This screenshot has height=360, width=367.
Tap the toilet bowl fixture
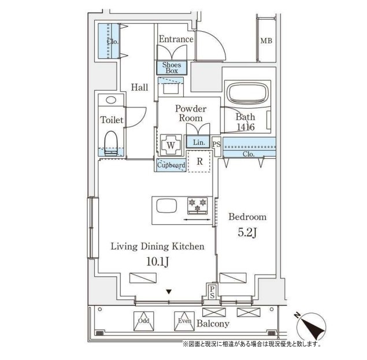tap(111, 143)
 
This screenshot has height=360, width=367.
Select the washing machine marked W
tap(171, 145)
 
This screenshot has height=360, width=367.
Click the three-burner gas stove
tap(198, 206)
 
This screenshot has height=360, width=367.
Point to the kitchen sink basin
tap(166, 206)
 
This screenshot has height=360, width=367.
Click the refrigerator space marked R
tap(199, 161)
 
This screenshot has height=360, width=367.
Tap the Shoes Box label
tap(172, 68)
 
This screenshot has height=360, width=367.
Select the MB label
tap(266, 40)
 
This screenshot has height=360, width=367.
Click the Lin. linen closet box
tap(198, 142)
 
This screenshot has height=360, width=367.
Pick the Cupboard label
tap(171, 165)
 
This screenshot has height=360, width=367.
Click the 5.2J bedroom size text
tap(247, 233)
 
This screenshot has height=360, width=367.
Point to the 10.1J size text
tap(158, 262)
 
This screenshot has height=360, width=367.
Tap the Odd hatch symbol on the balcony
tap(144, 321)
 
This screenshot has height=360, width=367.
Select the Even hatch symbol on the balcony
tap(184, 321)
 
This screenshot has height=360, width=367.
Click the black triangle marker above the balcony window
tap(169, 292)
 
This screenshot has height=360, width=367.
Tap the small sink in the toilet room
tap(111, 100)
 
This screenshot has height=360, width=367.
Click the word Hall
tap(139, 87)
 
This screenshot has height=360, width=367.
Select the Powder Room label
tap(191, 113)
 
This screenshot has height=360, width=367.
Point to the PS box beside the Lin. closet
tap(217, 144)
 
